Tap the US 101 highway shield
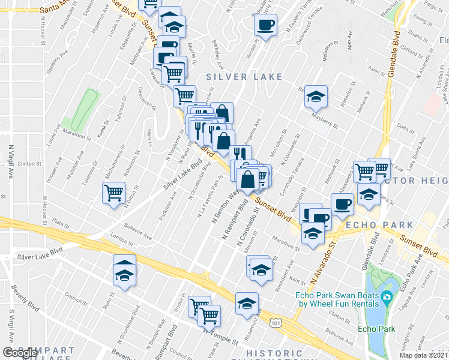click(276, 323)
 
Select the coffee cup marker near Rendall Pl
click(265, 26)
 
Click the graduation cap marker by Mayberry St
click(315, 96)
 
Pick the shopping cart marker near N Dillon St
click(113, 193)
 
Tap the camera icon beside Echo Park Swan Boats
click(387, 296)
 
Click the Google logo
click(20, 353)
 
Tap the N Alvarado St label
click(321, 265)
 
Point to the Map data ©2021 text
click(424, 355)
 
